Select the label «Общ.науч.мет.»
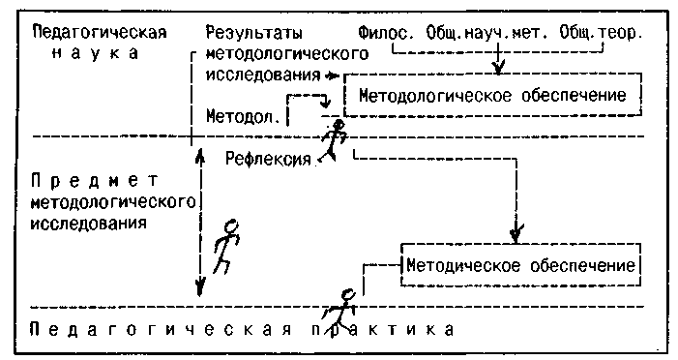486,33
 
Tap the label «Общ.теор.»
599,33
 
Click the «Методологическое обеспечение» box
492,95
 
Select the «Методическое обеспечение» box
520,265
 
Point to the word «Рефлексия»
268,160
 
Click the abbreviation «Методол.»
243,116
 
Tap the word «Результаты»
253,33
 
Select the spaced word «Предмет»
95,181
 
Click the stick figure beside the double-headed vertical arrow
226,247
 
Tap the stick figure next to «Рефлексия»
335,140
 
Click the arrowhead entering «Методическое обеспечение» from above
516,233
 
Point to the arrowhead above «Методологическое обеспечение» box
499,67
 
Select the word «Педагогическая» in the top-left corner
100,33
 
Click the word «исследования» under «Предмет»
88,224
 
